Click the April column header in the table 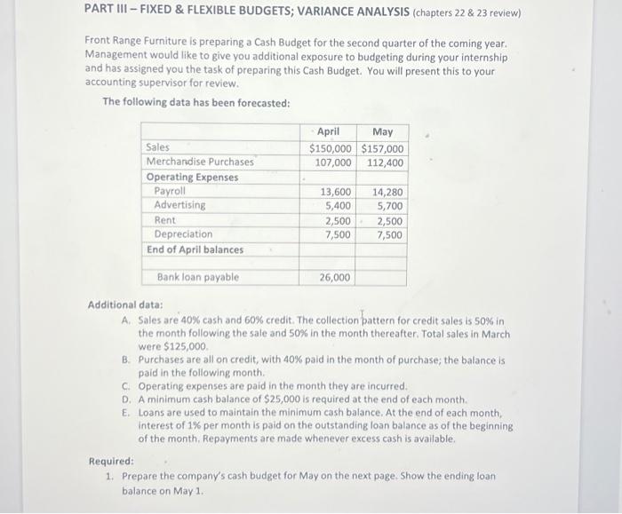(328, 131)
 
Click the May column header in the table (382, 131)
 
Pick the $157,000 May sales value (382, 148)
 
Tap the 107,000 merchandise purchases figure (333, 162)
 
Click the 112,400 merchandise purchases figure (385, 162)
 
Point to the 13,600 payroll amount (336, 192)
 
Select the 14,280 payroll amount (387, 192)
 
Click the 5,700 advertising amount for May (390, 206)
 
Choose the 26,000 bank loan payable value (336, 278)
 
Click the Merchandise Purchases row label (200, 162)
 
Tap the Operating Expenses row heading (192, 177)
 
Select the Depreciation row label (183, 234)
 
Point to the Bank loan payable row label (198, 277)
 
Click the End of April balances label (195, 249)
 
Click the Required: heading (111, 462)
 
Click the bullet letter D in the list (127, 400)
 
